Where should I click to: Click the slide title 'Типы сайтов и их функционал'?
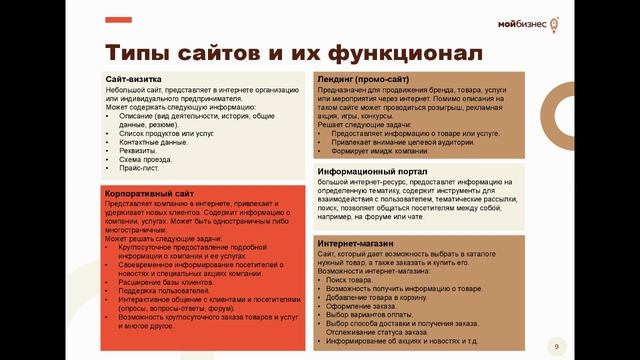[264, 50]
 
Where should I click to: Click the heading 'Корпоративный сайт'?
[150, 191]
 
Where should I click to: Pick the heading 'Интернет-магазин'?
[354, 244]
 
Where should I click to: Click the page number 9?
[556, 346]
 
